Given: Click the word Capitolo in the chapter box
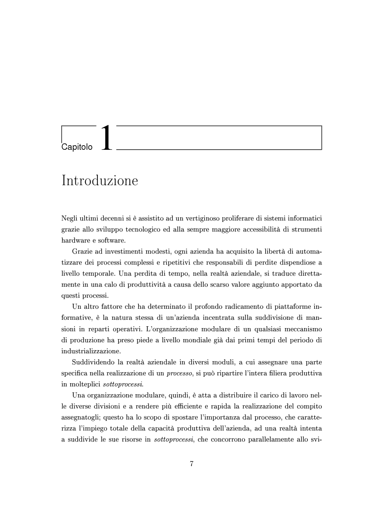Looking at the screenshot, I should [77, 147].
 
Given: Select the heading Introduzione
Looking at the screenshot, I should [99, 181].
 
